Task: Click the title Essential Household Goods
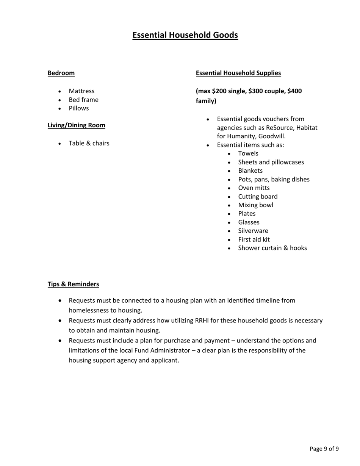click(x=185, y=35)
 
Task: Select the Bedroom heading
click(x=61, y=73)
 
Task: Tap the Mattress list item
click(x=81, y=91)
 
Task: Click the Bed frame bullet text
click(x=83, y=100)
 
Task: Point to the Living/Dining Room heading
click(x=76, y=125)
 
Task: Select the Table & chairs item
click(x=89, y=143)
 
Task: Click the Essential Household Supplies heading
click(x=238, y=73)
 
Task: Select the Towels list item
click(x=248, y=153)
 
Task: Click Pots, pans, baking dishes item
click(x=274, y=179)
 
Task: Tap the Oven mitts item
click(x=254, y=188)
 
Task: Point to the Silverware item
click(x=253, y=231)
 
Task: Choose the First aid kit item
click(x=254, y=239)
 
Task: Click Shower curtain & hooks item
click(x=272, y=248)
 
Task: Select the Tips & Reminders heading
click(x=73, y=284)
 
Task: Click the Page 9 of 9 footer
click(x=324, y=449)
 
